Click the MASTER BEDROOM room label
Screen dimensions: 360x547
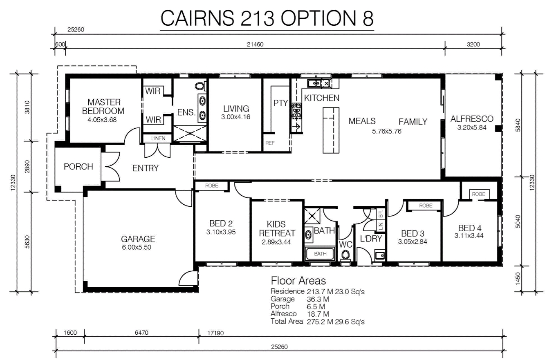pyautogui.click(x=103, y=106)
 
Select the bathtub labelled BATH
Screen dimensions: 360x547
pyautogui.click(x=320, y=254)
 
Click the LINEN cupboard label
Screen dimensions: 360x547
pyautogui.click(x=158, y=139)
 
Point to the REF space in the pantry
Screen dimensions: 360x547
pyautogui.click(x=270, y=143)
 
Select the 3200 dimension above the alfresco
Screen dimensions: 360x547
pyautogui.click(x=473, y=45)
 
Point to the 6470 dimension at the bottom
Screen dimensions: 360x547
pyautogui.click(x=141, y=333)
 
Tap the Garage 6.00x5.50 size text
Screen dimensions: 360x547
pyautogui.click(x=138, y=247)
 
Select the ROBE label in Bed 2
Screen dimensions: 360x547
pyautogui.click(x=212, y=186)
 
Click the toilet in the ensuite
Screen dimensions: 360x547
pyautogui.click(x=200, y=87)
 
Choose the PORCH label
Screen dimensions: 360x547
pyautogui.click(x=78, y=167)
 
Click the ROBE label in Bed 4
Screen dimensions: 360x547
pyautogui.click(x=479, y=194)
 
